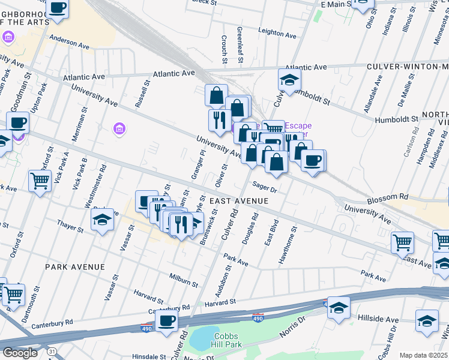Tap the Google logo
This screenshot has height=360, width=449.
pyautogui.click(x=20, y=353)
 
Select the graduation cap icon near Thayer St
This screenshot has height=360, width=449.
pyautogui.click(x=103, y=220)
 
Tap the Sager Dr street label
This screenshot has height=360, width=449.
pyautogui.click(x=264, y=188)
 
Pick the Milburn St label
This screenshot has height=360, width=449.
pyautogui.click(x=184, y=281)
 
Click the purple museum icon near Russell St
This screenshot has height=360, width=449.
pyautogui.click(x=119, y=128)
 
